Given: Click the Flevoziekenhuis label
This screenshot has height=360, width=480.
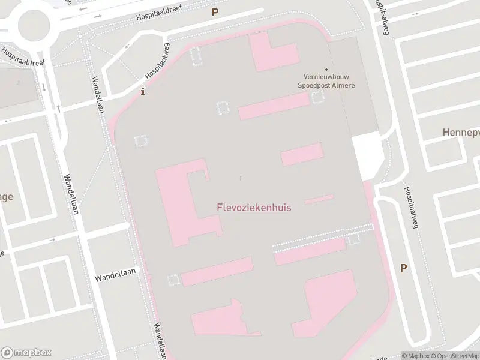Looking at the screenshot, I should tap(254, 208).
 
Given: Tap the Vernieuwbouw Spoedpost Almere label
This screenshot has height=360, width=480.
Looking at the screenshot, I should tap(327, 82).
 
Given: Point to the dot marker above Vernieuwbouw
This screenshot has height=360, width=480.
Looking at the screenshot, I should tap(327, 70).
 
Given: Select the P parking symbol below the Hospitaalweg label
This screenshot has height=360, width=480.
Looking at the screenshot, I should tap(404, 268).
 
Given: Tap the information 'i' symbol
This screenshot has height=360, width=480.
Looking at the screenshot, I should tap(142, 92).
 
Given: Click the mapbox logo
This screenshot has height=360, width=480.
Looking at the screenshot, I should tap(26, 352).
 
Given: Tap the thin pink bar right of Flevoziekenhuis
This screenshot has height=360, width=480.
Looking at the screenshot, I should tap(319, 199).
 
